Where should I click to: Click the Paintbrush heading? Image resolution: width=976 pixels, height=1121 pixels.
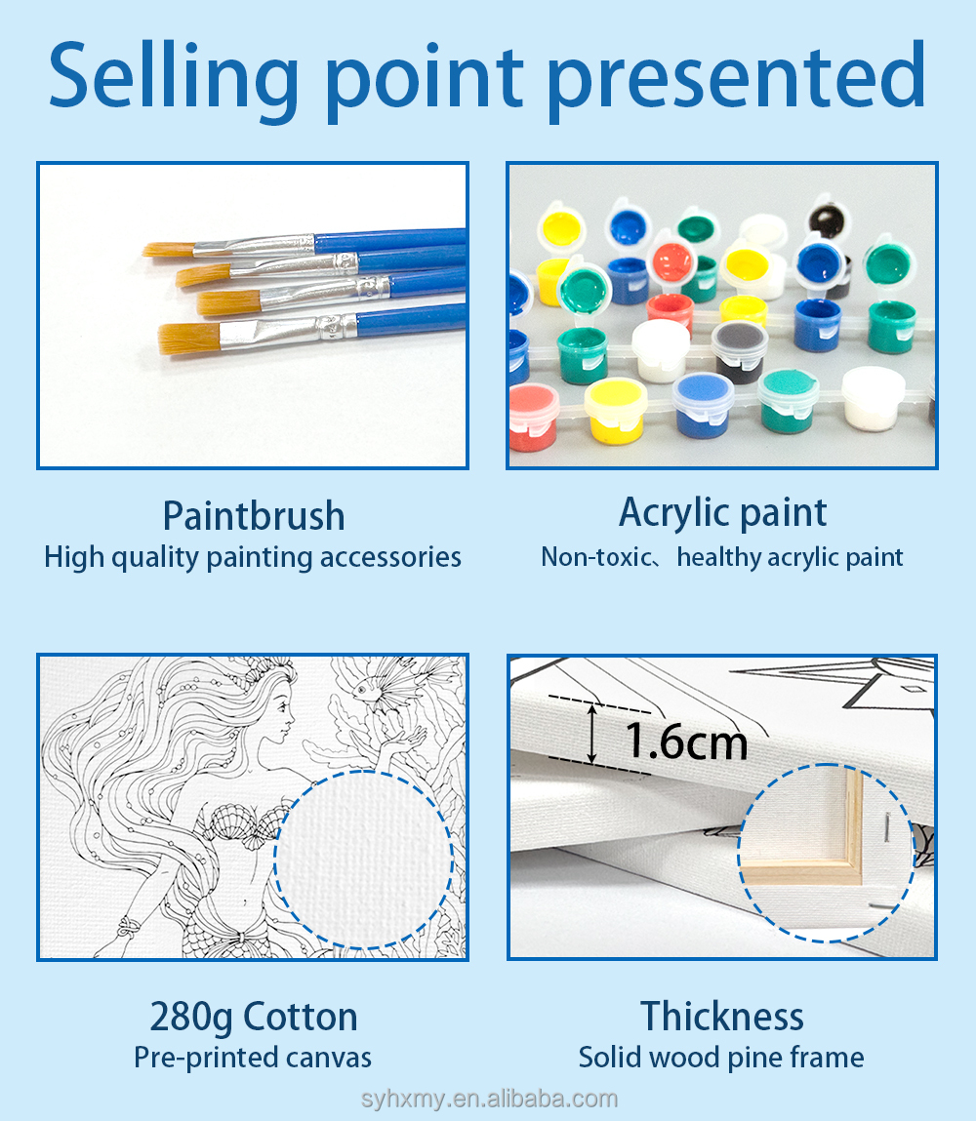click(x=254, y=516)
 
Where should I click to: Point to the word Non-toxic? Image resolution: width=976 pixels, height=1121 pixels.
click(x=595, y=557)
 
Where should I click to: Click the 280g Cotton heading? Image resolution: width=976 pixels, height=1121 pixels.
click(x=254, y=1018)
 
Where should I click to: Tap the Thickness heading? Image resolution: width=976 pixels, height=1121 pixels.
click(x=722, y=1016)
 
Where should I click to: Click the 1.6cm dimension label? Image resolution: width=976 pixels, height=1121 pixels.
click(x=686, y=741)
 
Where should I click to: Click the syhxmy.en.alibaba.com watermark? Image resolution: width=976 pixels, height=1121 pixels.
click(x=489, y=1099)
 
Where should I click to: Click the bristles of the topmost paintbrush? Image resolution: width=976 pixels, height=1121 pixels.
click(x=170, y=250)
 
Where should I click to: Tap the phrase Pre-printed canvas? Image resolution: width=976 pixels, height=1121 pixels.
click(x=253, y=1059)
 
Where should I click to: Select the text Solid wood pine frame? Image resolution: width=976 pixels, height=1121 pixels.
click(x=721, y=1059)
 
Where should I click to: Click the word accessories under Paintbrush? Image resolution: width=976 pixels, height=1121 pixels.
click(x=390, y=558)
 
